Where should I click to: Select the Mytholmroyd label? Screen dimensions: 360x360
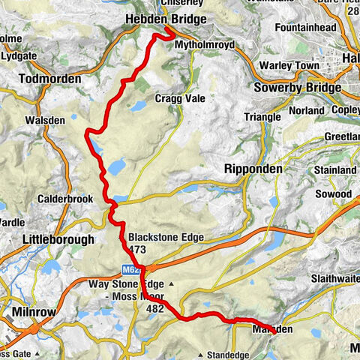pyautogui.click(x=205, y=45)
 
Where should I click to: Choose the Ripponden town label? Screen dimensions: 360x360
pyautogui.click(x=253, y=170)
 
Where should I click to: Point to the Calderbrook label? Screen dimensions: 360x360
pyautogui.click(x=57, y=199)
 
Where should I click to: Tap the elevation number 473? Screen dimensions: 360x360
pyautogui.click(x=136, y=249)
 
